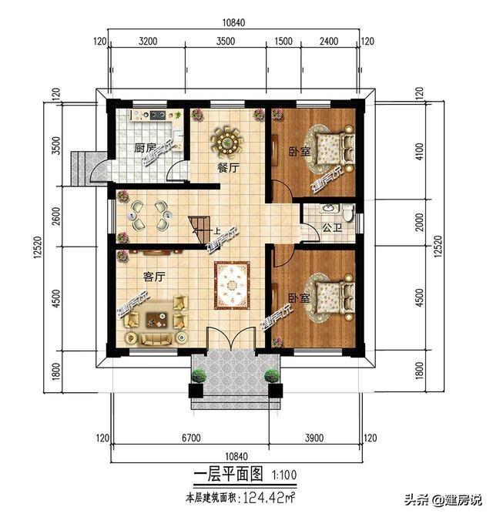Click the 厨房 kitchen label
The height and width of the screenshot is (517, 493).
point(145,148)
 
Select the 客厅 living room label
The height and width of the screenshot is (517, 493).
point(155,275)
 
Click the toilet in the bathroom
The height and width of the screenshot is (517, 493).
point(347,213)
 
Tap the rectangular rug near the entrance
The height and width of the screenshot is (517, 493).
point(233,285)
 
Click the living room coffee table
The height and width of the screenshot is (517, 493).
point(159,314)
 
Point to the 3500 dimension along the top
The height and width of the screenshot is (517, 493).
point(226,42)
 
